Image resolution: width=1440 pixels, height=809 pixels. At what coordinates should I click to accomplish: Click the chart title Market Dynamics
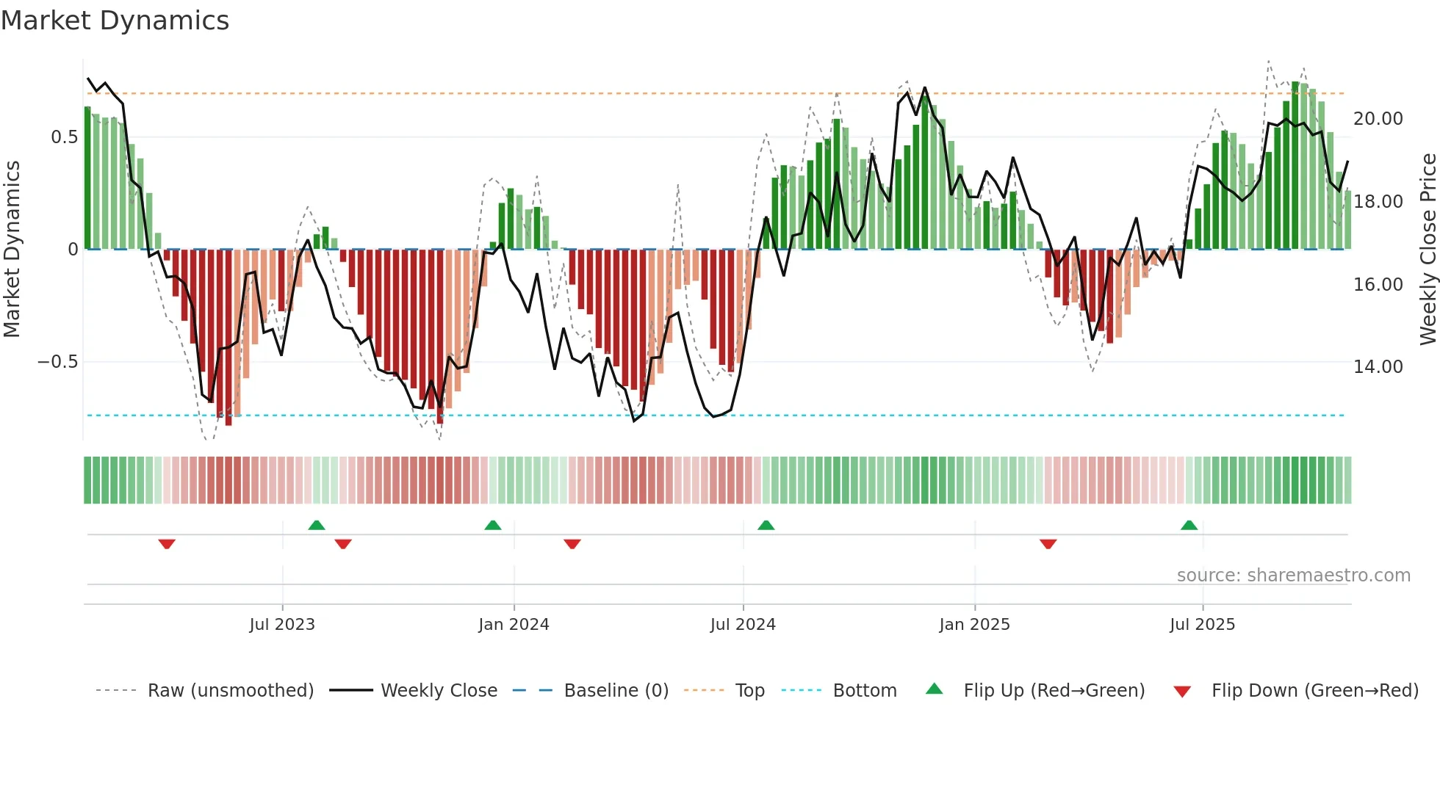tap(115, 21)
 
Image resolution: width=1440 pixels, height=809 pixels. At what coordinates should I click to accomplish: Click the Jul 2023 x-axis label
tap(282, 625)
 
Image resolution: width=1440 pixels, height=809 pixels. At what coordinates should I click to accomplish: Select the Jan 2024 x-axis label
tap(514, 625)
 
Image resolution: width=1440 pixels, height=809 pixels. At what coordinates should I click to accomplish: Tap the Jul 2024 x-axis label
tap(743, 625)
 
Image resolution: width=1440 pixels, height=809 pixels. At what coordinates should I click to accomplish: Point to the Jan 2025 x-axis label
tap(974, 625)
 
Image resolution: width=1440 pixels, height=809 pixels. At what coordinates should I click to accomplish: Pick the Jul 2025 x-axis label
tap(1202, 625)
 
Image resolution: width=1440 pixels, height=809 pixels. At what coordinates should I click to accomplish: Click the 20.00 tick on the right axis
tap(1378, 119)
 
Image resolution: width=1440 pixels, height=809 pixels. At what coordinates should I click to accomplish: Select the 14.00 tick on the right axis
tap(1378, 367)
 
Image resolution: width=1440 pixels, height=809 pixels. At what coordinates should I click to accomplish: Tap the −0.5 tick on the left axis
tap(57, 362)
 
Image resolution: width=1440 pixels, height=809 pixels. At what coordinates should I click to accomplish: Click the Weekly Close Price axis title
tap(1428, 250)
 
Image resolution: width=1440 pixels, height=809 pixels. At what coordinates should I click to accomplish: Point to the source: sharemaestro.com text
tap(1293, 576)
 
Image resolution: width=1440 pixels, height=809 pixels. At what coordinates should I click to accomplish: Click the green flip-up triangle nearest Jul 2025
tap(1189, 525)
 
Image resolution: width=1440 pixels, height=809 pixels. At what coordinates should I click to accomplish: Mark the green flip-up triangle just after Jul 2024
tap(766, 525)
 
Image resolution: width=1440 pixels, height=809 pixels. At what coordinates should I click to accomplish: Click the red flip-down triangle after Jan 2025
tap(1048, 544)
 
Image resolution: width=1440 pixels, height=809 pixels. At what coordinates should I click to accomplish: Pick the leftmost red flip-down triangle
tap(167, 544)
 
